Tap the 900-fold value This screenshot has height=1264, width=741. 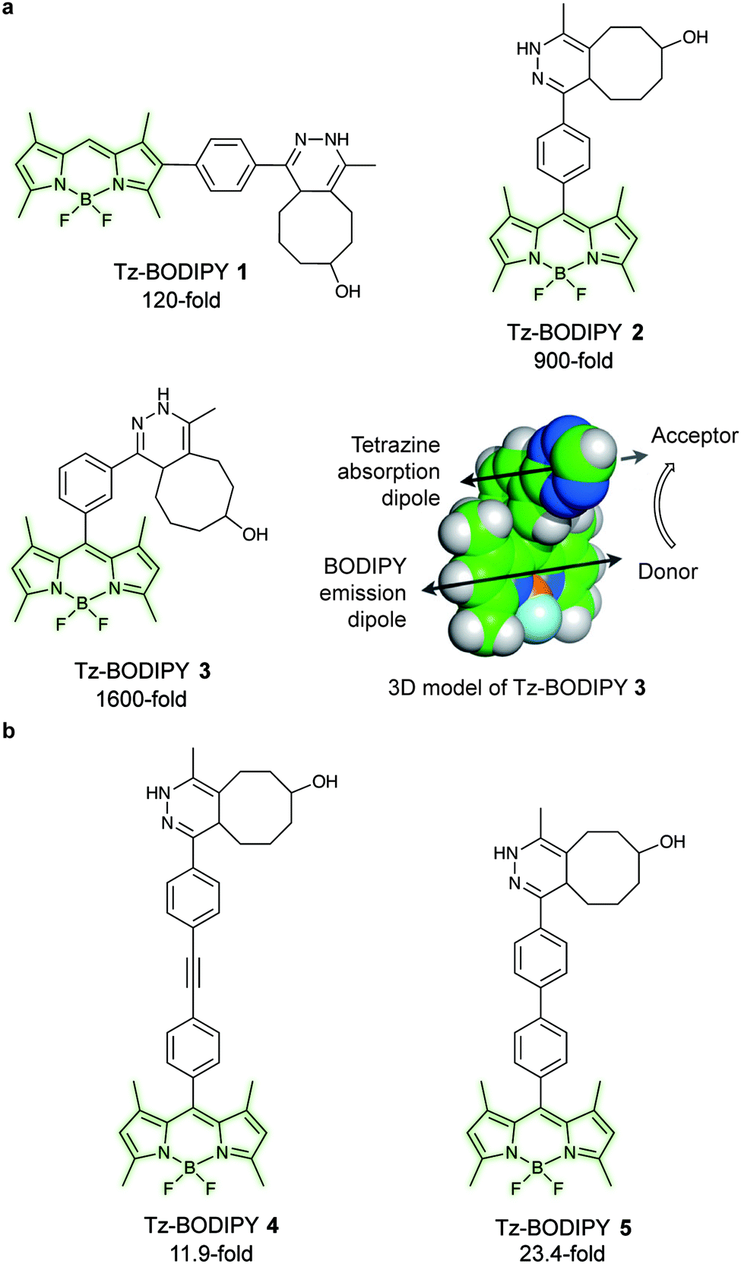click(x=573, y=360)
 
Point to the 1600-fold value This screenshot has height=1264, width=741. click(x=141, y=699)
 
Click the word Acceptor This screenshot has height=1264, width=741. click(x=695, y=436)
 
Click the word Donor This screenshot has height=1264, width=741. click(x=667, y=572)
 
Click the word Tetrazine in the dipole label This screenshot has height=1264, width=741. click(x=395, y=445)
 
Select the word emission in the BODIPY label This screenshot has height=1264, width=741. click(x=363, y=593)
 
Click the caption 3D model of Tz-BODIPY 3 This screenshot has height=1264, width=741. click(x=516, y=688)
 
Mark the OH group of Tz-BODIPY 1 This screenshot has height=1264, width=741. click(x=347, y=291)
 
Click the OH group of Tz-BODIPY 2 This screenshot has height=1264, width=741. click(x=695, y=37)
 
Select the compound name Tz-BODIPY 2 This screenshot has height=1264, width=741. click(x=575, y=332)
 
